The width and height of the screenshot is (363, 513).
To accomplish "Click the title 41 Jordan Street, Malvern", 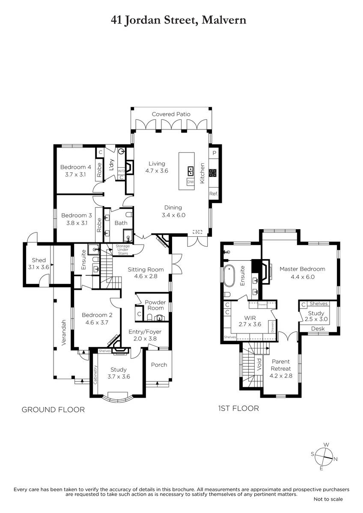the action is click(x=179, y=20).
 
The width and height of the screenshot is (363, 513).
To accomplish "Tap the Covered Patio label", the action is click(x=171, y=114).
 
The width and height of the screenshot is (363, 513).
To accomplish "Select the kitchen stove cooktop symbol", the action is click(x=213, y=173).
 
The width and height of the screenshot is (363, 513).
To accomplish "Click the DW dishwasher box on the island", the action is click(x=190, y=182).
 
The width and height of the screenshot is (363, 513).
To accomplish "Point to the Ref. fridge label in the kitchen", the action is click(x=214, y=194).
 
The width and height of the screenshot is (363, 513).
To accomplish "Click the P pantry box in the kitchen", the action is click(x=214, y=153).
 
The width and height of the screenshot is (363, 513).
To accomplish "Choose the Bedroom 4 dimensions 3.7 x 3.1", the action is click(x=75, y=174).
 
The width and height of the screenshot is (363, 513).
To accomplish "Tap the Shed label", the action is click(x=39, y=260).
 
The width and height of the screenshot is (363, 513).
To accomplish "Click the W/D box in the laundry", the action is click(x=121, y=171).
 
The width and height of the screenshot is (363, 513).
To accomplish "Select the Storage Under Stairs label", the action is click(x=123, y=250).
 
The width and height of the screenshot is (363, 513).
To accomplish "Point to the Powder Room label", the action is click(x=155, y=305).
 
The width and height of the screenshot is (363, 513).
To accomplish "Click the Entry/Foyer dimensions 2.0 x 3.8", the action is click(x=145, y=339).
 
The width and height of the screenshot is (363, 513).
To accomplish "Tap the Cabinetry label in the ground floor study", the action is click(x=95, y=374).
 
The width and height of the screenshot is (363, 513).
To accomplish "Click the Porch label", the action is click(x=159, y=365).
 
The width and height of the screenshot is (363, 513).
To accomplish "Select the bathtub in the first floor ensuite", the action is click(x=229, y=276).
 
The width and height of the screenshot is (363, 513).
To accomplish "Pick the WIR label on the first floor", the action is click(x=250, y=318).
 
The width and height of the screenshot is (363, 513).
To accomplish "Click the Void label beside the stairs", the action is click(x=259, y=364).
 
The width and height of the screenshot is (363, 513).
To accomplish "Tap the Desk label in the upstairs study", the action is click(x=318, y=329).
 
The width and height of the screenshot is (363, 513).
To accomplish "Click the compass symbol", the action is click(x=324, y=457).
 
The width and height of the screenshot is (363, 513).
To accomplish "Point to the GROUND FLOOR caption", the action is click(x=53, y=410).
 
